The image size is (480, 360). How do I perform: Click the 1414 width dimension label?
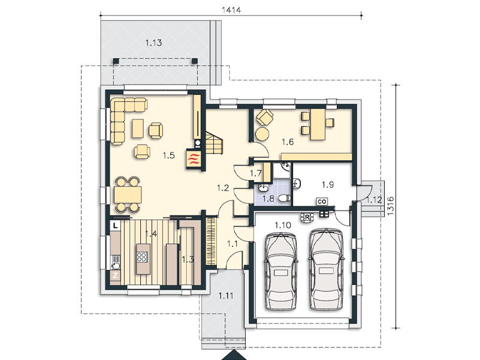point(231,10)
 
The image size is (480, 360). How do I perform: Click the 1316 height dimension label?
point(390,206)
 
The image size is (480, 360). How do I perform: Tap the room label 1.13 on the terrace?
point(153,43)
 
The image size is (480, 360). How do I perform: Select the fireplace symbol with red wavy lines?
point(194,159)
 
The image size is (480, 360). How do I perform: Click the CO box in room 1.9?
point(322,201)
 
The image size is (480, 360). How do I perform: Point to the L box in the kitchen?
point(115,226)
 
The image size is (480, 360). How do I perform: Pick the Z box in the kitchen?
point(115,275)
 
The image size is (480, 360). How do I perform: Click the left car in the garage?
point(281,271)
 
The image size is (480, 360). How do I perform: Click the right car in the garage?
point(326,269)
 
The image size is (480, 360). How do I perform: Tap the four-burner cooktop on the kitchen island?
point(142,256)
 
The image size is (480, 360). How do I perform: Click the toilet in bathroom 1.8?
point(285,198)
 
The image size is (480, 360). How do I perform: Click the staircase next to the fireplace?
point(214,143)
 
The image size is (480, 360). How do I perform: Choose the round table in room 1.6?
point(262,134)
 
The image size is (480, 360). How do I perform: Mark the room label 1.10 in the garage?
point(283,226)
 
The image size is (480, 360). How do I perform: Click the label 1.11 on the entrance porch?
point(225,296)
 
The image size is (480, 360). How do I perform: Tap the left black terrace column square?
point(116,61)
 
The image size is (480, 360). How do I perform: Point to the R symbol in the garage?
point(307,217)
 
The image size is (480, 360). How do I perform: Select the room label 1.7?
point(256,173)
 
